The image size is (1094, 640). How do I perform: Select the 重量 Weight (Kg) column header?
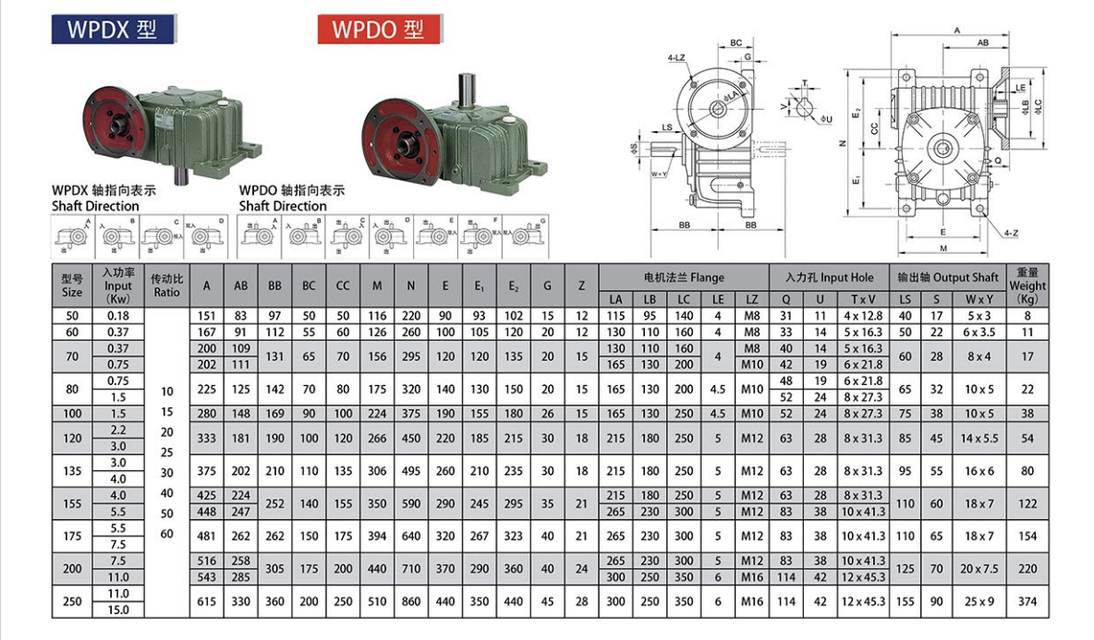click(x=1027, y=285)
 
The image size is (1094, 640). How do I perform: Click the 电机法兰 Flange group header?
click(x=684, y=277)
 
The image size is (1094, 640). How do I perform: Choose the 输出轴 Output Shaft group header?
click(x=947, y=277)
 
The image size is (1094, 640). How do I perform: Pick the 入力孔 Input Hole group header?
click(x=830, y=277)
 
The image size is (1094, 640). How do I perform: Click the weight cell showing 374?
click(x=1027, y=601)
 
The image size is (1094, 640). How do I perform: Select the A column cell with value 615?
click(x=207, y=601)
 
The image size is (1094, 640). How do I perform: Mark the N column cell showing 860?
click(x=411, y=601)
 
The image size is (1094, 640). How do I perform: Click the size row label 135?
click(x=72, y=470)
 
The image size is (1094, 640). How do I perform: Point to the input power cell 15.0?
click(x=119, y=610)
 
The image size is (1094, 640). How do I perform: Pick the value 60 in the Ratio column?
click(x=167, y=534)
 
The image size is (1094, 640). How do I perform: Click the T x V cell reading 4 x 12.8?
click(x=863, y=316)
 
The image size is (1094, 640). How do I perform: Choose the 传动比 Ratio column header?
click(x=167, y=285)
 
